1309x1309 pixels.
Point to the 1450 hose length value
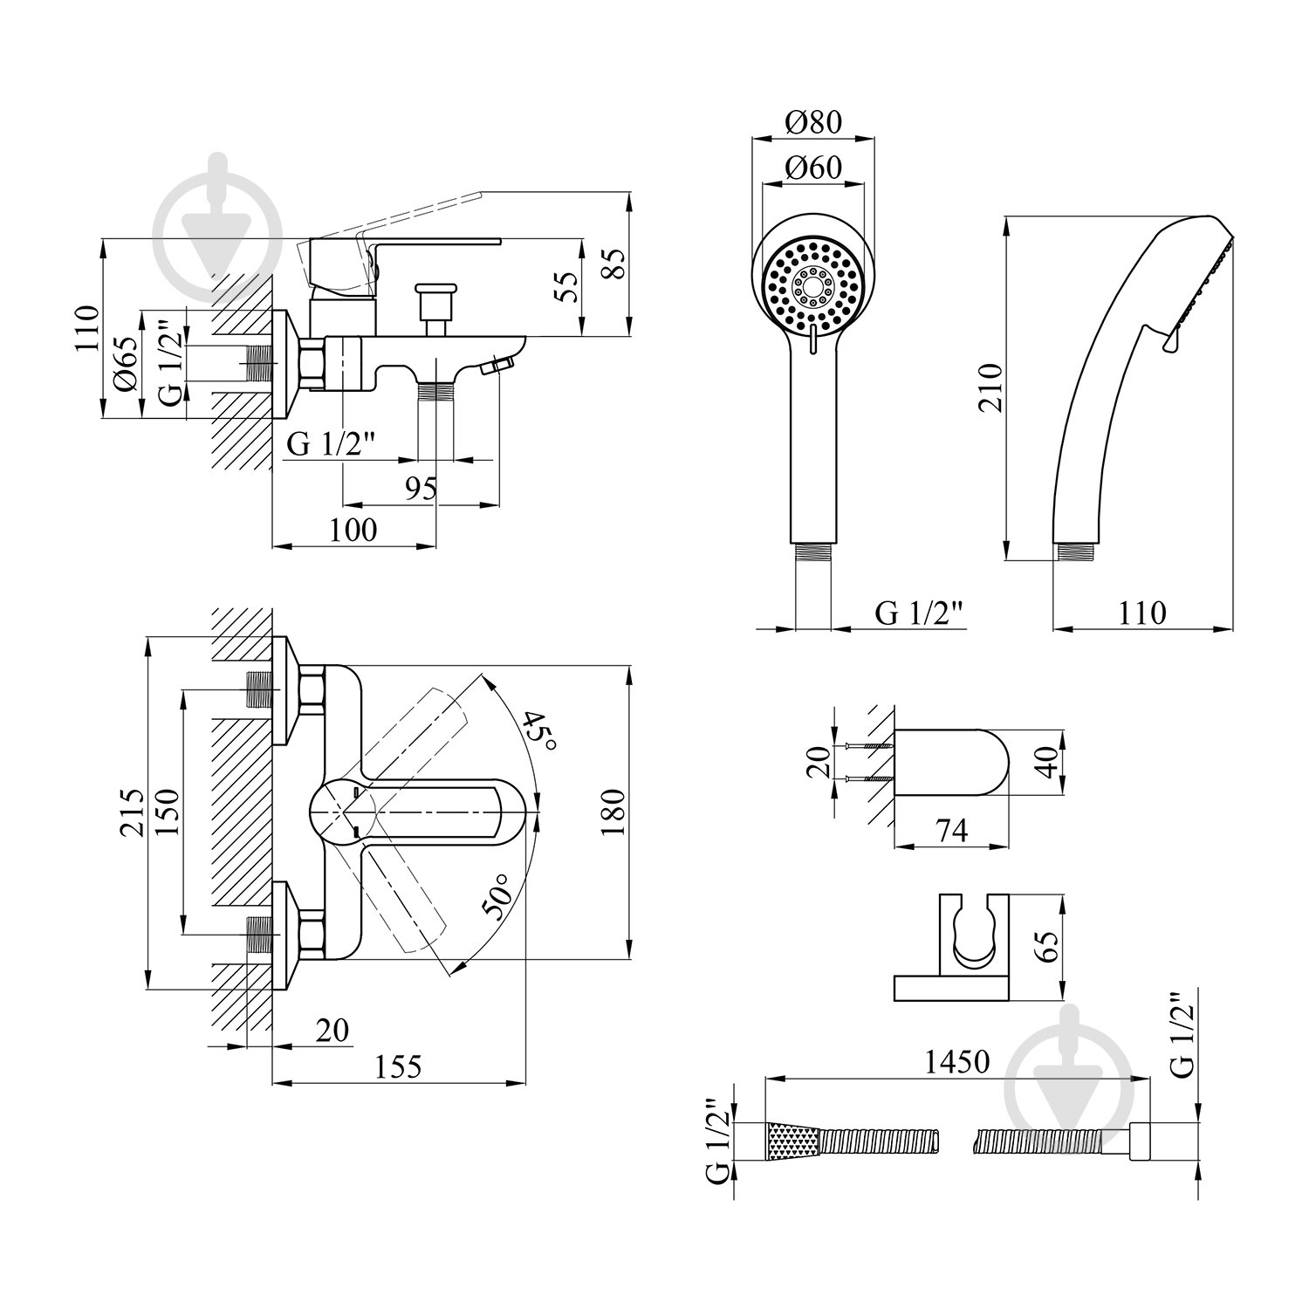[957, 1061]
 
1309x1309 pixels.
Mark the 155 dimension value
[399, 1066]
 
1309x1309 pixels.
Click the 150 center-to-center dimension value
[168, 812]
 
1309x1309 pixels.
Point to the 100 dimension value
[354, 530]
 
